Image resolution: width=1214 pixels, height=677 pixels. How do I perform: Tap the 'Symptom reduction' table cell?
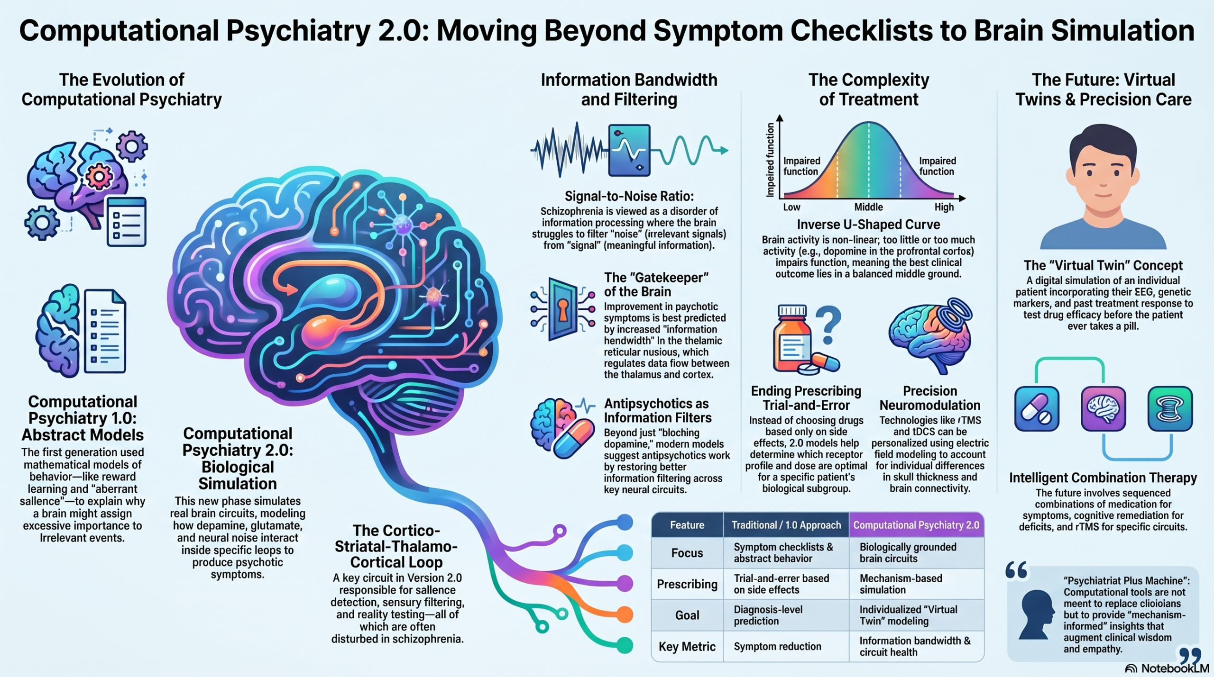[777, 646]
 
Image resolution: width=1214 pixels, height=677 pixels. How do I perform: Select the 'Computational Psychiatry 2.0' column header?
[916, 525]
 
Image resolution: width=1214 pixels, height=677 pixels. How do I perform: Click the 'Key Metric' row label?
[687, 646]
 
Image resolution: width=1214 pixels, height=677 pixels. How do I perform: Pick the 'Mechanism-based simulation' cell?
[901, 584]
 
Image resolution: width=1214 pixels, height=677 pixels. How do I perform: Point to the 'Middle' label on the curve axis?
[868, 207]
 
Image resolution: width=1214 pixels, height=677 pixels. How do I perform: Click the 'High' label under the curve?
[944, 207]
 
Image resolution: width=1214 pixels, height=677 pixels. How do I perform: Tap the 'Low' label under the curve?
[791, 207]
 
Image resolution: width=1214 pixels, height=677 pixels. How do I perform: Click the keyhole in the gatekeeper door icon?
[562, 309]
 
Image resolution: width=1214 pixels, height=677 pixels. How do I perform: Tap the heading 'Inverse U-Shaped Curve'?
[868, 224]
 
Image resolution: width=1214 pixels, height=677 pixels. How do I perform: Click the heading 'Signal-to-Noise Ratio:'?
[629, 196]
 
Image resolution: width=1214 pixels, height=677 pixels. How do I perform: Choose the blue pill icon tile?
[1037, 408]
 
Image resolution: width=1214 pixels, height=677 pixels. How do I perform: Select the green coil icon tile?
[1170, 408]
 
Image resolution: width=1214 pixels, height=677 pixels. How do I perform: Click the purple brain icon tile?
[1103, 408]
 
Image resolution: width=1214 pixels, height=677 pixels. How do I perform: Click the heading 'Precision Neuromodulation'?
[929, 398]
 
